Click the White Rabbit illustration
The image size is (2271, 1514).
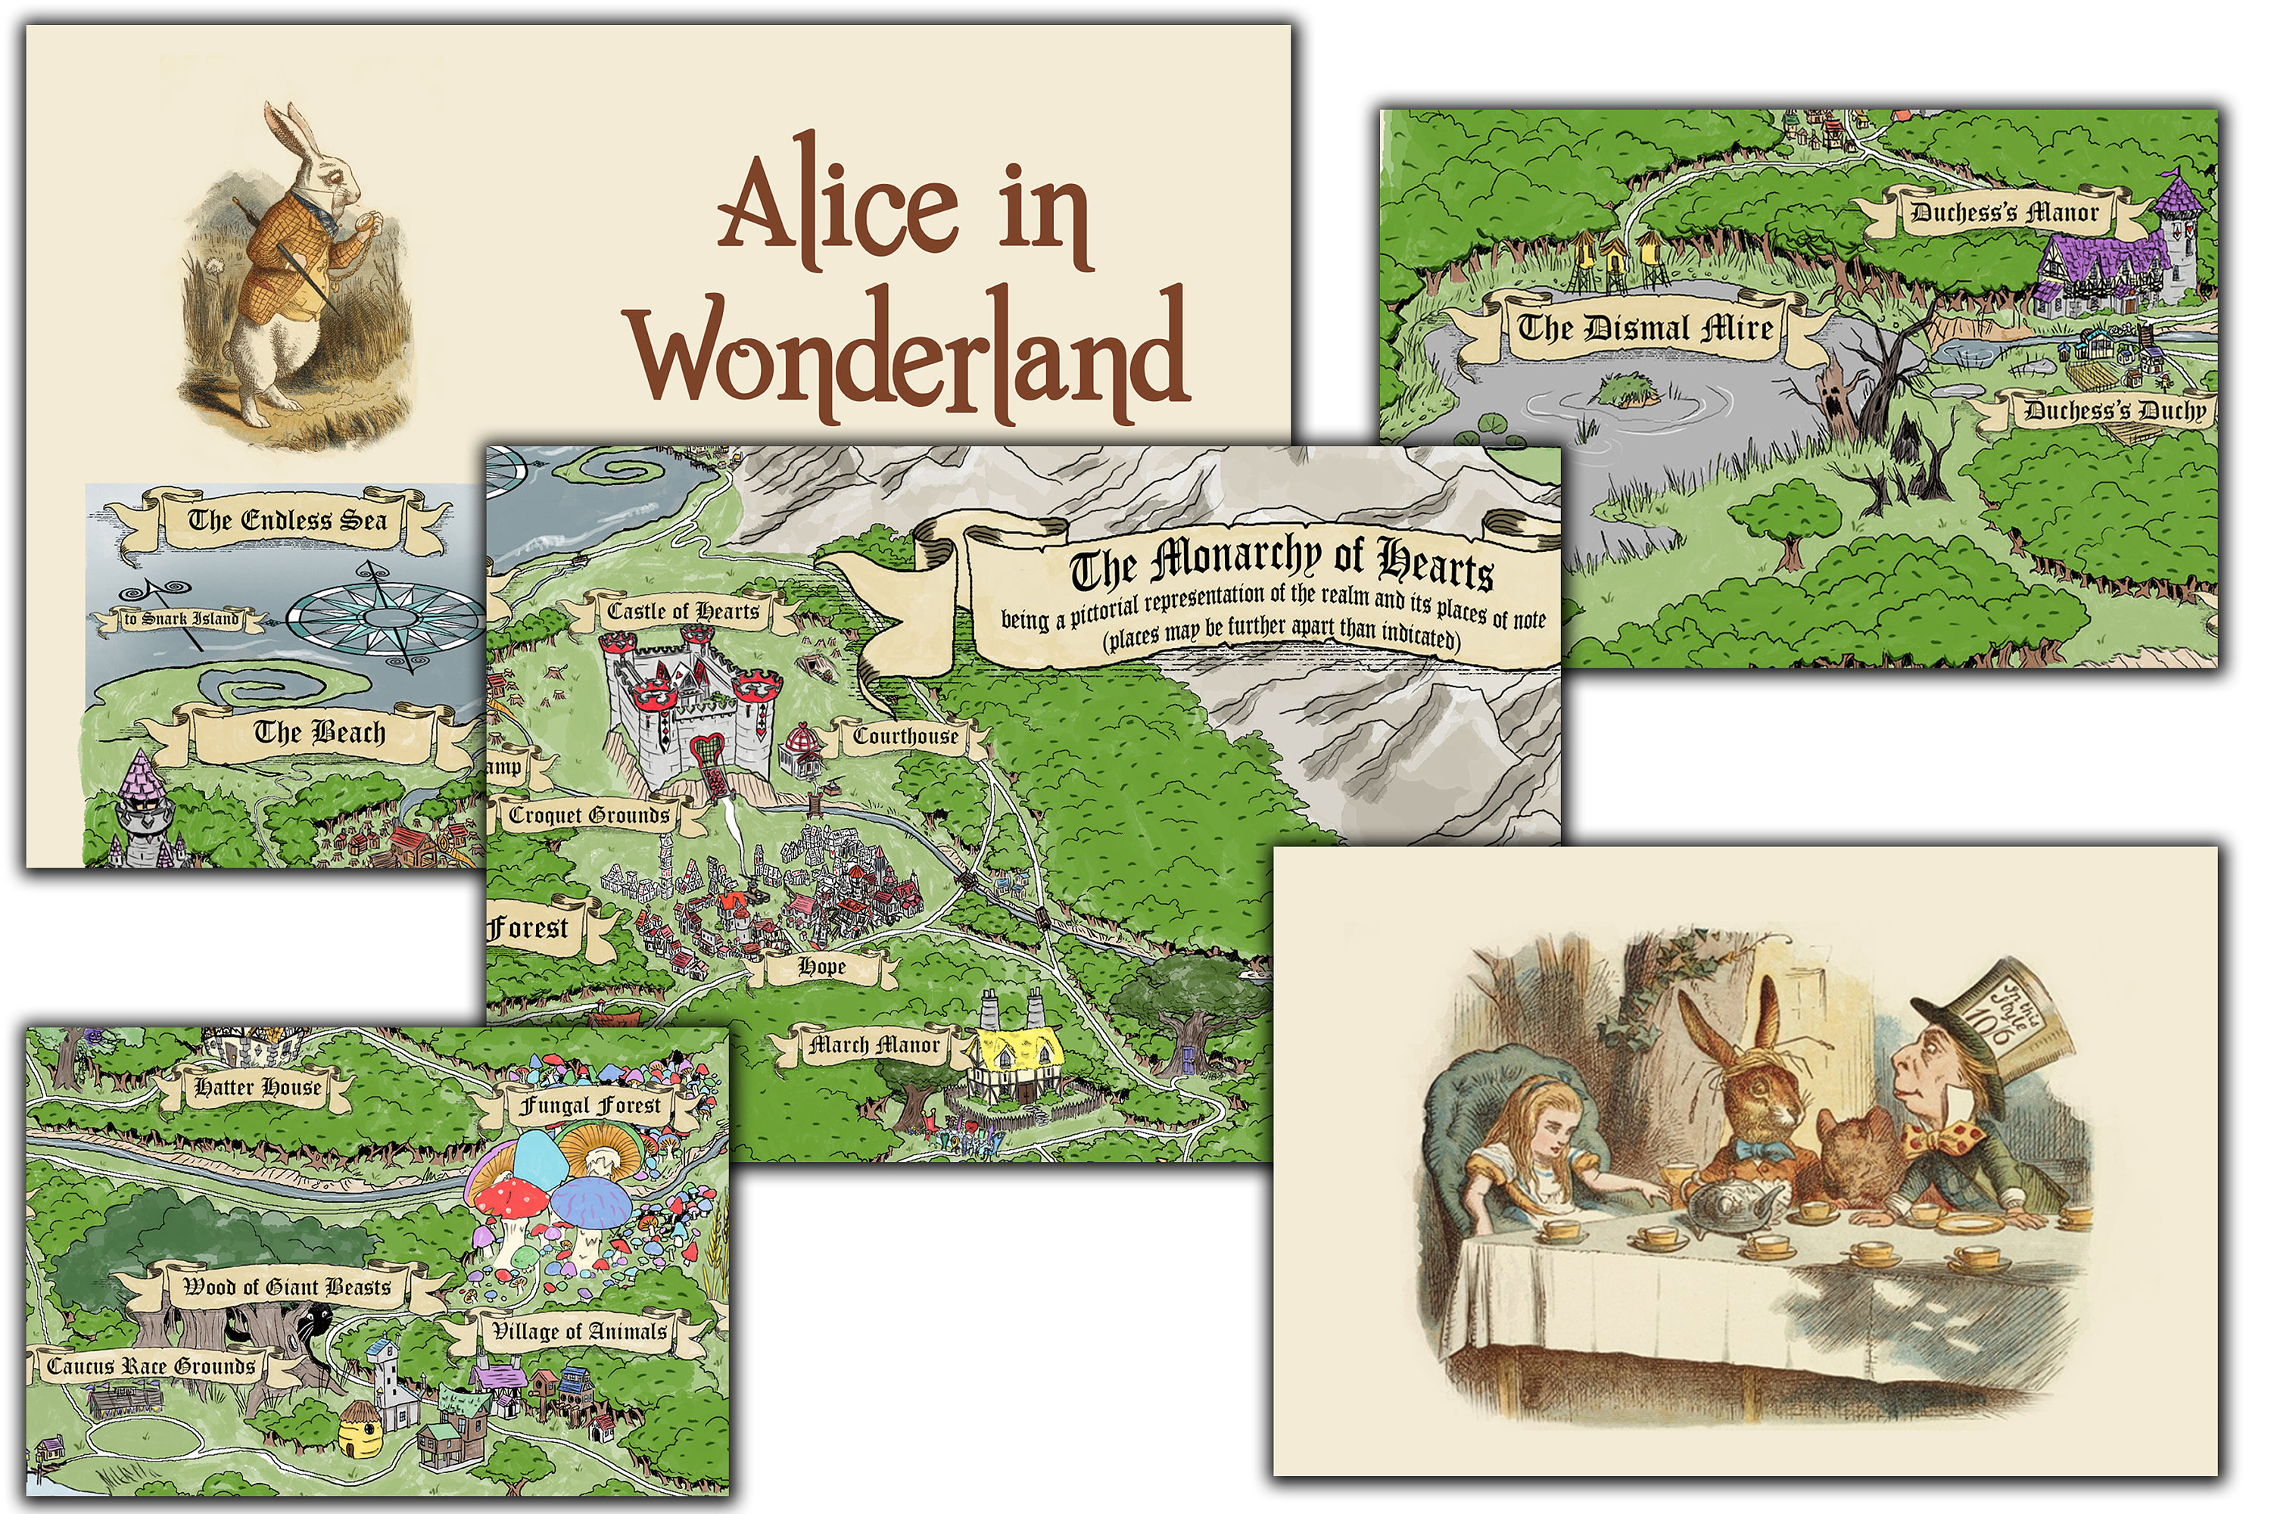290,276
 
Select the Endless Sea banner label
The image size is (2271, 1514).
287,521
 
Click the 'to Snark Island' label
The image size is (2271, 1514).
181,618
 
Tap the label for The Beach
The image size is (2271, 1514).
319,732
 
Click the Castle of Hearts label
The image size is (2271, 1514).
683,611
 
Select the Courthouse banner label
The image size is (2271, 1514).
905,736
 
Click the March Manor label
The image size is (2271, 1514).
874,1044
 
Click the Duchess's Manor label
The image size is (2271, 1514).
2005,213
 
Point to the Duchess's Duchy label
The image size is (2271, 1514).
2114,410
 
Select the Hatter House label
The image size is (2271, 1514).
258,1087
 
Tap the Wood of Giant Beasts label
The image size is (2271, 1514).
287,1286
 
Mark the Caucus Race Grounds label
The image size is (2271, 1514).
151,1366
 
